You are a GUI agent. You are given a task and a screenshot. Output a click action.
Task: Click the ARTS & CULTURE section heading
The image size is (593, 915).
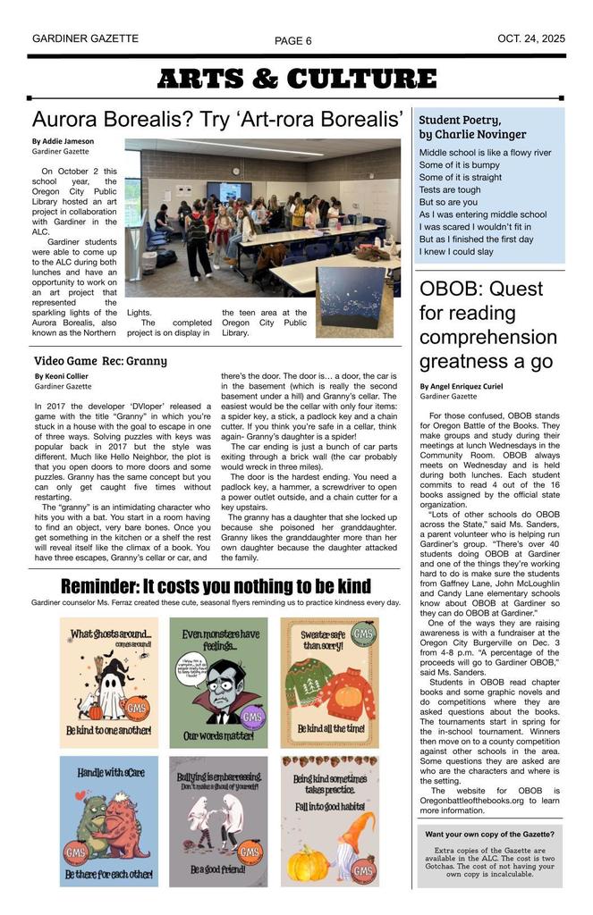pos(296,79)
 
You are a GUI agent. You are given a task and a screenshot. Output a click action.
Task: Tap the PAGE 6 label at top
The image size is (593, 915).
pos(293,41)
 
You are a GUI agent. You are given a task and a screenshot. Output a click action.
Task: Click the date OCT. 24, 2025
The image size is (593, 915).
pos(531,39)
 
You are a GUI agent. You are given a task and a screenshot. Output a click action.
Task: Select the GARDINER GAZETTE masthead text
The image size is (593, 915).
pos(85,39)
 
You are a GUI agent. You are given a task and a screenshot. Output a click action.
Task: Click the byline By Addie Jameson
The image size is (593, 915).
pos(63,141)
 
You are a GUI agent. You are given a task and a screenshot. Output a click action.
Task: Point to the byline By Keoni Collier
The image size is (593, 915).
pos(61,377)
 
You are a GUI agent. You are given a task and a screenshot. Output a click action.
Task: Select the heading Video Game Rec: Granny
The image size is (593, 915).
pos(100,361)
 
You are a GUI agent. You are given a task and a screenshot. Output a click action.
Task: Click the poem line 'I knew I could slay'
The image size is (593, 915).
pos(456,252)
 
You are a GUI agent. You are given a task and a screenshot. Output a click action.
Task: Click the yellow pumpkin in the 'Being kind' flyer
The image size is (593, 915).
pos(310,863)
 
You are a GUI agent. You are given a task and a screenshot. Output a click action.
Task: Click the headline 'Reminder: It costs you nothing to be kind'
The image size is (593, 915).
pos(215,586)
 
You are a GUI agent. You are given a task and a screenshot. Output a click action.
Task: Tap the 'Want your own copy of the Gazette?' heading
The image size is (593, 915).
pos(489,834)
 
